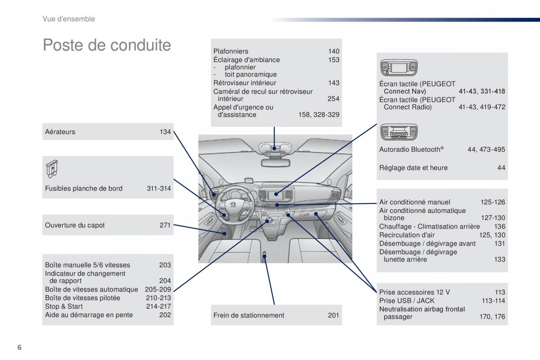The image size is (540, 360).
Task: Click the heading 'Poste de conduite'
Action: [x=107, y=45]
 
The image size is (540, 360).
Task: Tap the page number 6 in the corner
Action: [x=19, y=347]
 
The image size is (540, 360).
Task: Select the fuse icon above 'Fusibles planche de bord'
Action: [x=52, y=169]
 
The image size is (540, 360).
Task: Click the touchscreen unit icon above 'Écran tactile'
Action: [x=399, y=68]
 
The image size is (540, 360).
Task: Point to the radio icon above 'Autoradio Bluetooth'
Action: [x=399, y=132]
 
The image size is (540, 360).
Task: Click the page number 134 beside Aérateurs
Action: [x=165, y=132]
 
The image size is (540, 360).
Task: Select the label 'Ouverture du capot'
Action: [x=75, y=225]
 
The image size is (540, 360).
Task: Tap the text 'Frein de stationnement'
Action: [x=248, y=315]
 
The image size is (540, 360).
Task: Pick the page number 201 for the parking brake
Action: [x=333, y=315]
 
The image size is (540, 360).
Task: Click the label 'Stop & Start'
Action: [x=64, y=306]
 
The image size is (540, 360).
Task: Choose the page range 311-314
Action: [x=158, y=189]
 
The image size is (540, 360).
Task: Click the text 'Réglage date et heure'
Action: [x=413, y=168]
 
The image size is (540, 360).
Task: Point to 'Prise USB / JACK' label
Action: [x=407, y=301]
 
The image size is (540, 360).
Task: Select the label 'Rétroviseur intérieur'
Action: [x=244, y=83]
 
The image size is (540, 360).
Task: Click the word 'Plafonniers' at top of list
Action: [x=230, y=51]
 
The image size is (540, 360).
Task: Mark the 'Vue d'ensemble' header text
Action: [x=68, y=19]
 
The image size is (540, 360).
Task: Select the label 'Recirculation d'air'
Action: [x=407, y=235]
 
